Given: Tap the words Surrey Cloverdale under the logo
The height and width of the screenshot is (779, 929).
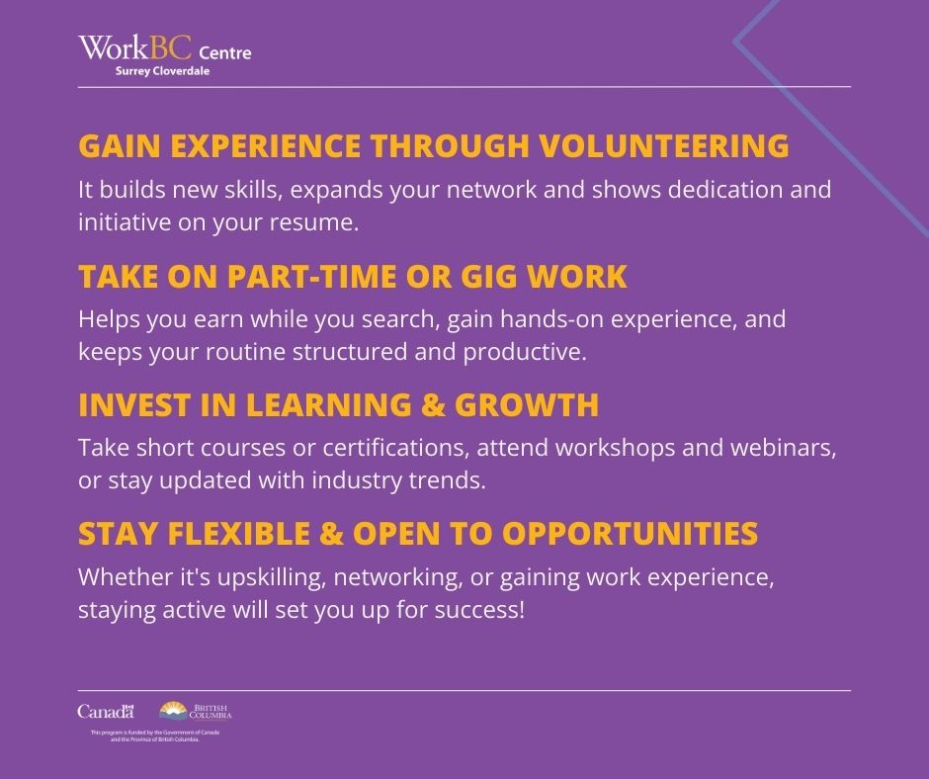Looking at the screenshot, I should point(162,71).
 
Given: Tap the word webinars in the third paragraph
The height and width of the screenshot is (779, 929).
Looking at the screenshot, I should point(790,449).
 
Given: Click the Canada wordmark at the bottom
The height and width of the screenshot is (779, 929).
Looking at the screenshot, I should point(105,712).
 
